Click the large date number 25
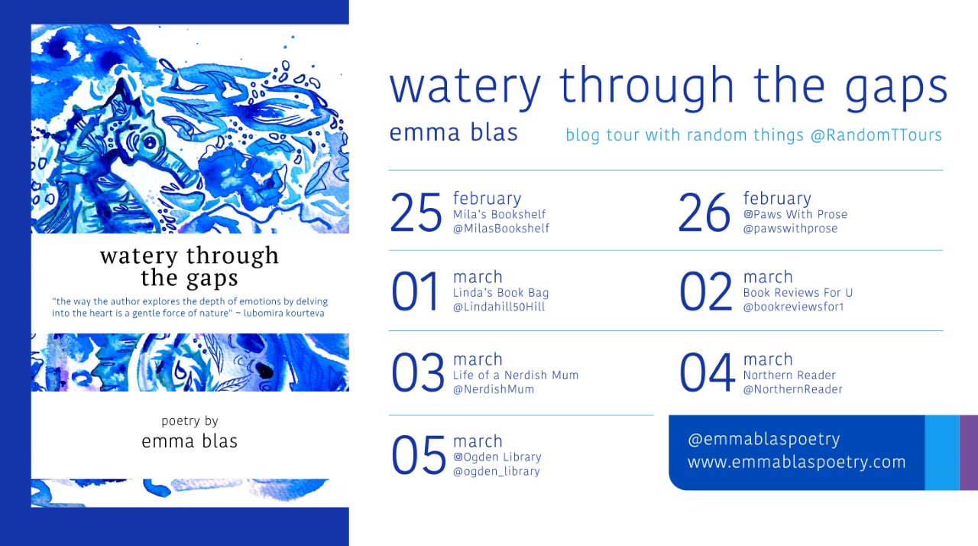416,213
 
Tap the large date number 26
704,213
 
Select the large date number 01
415,291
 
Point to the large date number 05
418,455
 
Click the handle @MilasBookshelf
501,229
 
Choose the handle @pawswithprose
790,229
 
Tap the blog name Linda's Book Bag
500,293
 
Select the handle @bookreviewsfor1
794,307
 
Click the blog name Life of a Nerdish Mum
516,375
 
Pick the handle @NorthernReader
793,389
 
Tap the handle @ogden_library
497,471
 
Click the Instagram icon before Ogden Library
458,457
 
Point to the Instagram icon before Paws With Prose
748,214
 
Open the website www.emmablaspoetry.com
797,462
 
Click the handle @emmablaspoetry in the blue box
764,440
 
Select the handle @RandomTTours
876,135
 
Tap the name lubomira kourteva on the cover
283,314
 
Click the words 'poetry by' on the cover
190,421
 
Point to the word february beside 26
777,198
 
